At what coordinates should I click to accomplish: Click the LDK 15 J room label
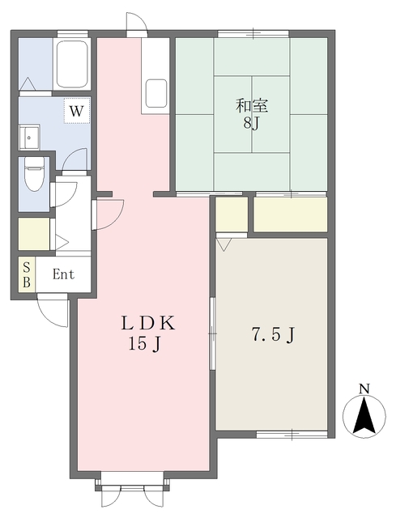(147, 333)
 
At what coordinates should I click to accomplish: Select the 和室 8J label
(251, 113)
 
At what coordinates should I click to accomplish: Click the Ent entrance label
(63, 274)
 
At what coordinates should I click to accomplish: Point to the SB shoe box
(27, 274)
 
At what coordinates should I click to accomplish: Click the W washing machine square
(77, 109)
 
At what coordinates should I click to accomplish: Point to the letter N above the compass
(365, 389)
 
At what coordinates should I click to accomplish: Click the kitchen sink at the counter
(156, 92)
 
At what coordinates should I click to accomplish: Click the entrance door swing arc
(53, 311)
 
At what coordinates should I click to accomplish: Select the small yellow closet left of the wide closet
(231, 214)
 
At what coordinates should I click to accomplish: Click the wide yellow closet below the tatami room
(290, 214)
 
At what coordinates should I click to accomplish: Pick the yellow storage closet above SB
(34, 234)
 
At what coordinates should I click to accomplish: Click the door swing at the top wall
(136, 23)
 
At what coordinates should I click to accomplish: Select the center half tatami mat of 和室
(252, 113)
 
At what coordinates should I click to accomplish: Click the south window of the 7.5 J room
(292, 435)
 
